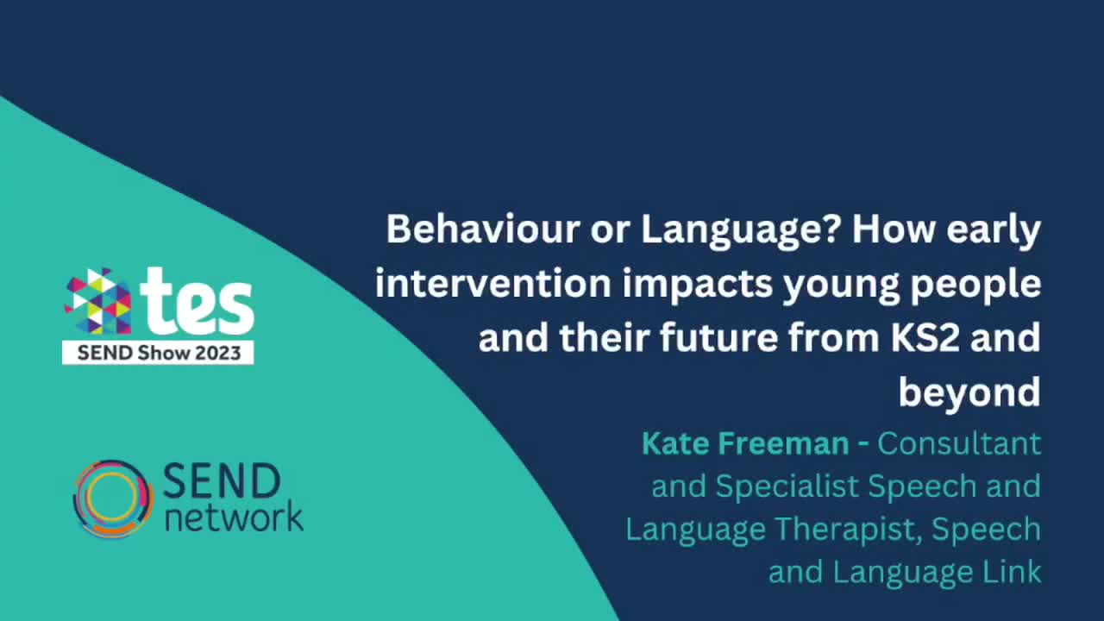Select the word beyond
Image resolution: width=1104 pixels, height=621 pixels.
969,393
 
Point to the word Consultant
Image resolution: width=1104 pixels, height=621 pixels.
959,444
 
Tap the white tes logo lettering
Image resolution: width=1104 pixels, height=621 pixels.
198,302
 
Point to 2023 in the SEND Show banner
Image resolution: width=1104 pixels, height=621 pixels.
217,353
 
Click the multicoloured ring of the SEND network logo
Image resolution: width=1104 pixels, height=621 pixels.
112,499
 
